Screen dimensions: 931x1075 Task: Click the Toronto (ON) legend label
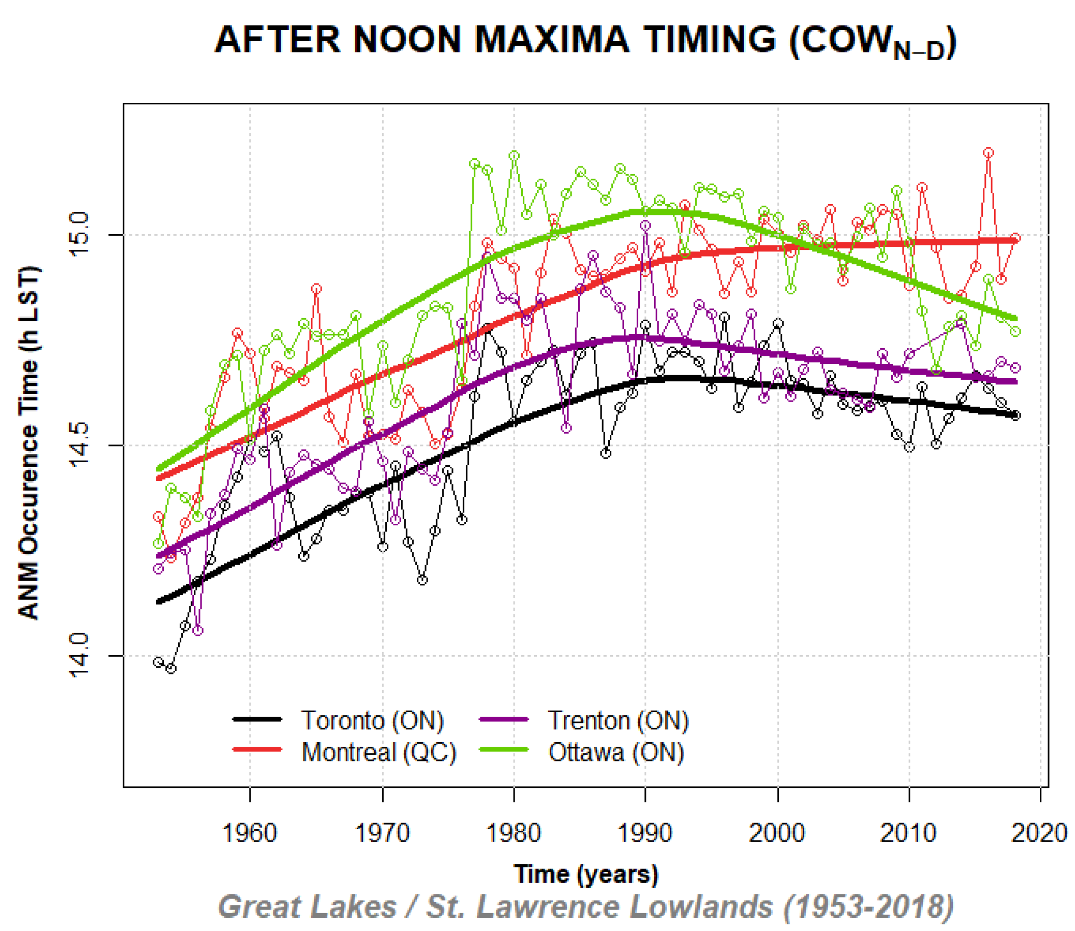[x=372, y=721]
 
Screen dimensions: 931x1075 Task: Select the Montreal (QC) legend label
[x=379, y=752]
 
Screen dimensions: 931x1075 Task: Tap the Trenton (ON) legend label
[x=618, y=721]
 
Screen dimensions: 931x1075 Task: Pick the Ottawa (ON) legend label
[x=616, y=752]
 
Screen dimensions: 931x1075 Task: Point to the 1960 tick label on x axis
[x=249, y=833]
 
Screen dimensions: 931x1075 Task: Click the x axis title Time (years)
[x=585, y=874]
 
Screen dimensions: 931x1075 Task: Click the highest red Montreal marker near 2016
[x=989, y=153]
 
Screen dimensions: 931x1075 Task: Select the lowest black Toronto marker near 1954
[x=171, y=668]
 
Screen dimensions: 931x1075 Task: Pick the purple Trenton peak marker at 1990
[x=645, y=225]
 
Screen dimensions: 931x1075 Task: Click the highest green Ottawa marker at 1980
[x=514, y=155]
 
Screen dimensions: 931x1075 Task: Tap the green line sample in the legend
[x=503, y=749]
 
